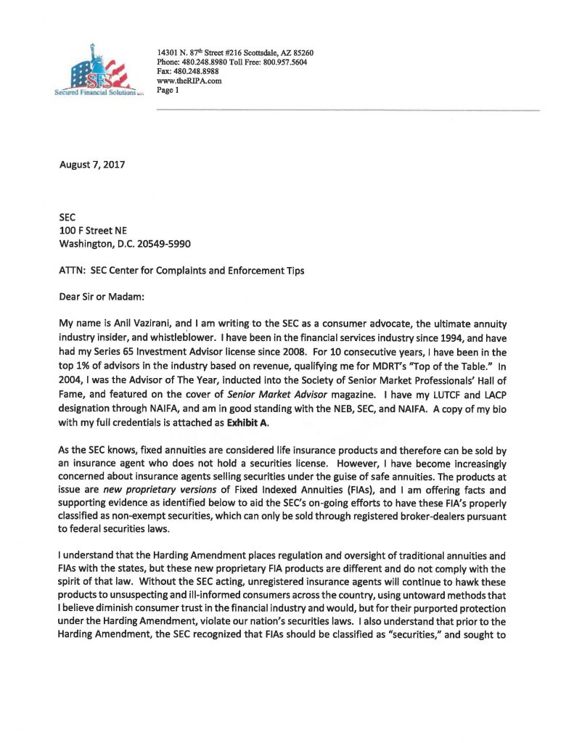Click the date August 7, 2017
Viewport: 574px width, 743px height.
click(x=92, y=165)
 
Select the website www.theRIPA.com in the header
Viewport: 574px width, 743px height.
click(x=189, y=81)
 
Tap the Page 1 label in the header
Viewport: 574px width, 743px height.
click(x=168, y=91)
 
